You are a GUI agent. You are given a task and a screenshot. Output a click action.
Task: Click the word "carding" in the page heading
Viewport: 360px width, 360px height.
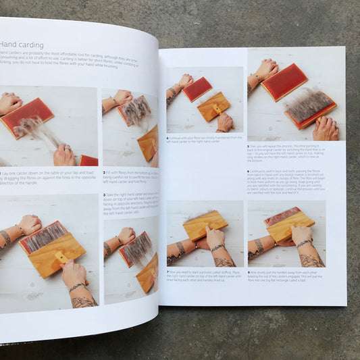[32, 45]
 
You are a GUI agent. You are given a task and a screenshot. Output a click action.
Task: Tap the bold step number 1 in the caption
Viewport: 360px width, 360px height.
[2, 173]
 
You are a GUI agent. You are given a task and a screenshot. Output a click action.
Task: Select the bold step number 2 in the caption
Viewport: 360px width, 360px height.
[103, 173]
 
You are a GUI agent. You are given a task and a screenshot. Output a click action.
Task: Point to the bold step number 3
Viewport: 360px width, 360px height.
[103, 193]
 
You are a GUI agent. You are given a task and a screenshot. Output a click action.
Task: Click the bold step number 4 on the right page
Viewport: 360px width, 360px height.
[167, 138]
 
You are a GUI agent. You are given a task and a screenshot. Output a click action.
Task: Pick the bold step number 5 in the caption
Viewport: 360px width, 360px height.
[249, 145]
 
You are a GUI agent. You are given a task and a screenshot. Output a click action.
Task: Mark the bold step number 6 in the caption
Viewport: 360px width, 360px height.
[249, 170]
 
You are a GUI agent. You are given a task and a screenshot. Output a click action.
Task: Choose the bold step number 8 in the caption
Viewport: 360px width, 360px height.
[249, 272]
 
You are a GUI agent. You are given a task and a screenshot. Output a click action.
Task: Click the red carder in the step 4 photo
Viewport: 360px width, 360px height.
[197, 89]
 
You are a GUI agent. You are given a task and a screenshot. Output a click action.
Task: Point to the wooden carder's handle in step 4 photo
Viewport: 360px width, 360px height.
[217, 108]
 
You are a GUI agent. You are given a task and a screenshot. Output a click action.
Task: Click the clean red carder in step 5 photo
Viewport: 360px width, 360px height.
[284, 81]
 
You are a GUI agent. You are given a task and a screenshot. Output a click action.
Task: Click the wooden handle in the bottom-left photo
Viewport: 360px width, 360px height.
[59, 257]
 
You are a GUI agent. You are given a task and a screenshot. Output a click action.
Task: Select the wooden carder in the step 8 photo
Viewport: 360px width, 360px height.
[290, 226]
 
